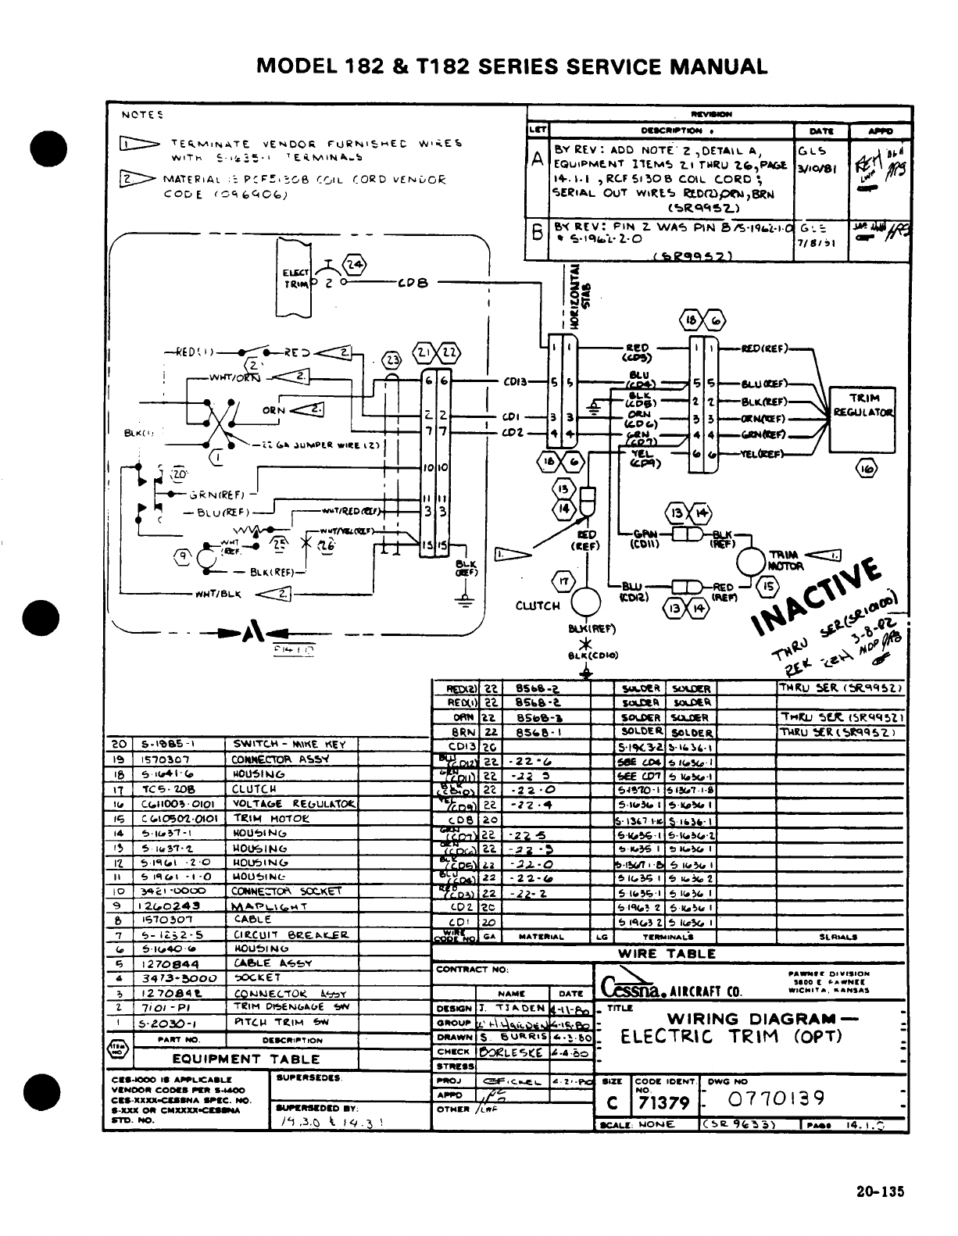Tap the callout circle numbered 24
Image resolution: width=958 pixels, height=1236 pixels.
(x=354, y=264)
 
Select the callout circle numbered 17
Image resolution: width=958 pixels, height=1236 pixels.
(x=563, y=580)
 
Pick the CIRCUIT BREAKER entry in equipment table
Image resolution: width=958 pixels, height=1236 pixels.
(x=290, y=934)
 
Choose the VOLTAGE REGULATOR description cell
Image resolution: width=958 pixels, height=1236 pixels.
(x=293, y=804)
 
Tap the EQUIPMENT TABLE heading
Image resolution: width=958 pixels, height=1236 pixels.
(x=246, y=1059)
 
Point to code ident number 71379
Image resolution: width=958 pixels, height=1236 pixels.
(x=663, y=1102)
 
